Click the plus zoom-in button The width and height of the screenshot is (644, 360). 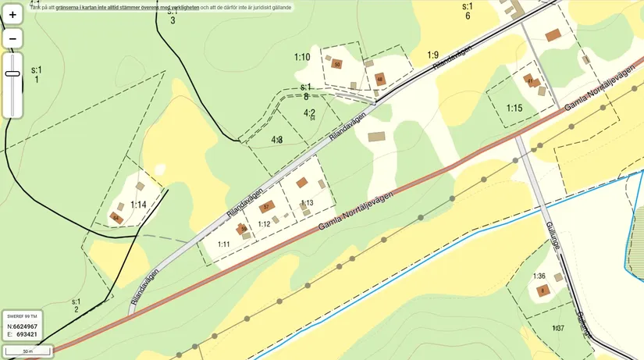point(12,15)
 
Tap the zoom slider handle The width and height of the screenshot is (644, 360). point(12,73)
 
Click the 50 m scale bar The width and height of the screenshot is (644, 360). point(27,352)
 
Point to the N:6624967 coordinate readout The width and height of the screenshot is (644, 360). point(22,326)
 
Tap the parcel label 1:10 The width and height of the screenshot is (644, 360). point(302,57)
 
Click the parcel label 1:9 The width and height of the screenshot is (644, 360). point(433,55)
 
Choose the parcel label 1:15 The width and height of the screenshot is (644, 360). point(514,108)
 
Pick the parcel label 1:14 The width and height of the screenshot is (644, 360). point(139,205)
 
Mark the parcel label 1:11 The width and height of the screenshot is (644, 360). point(223,244)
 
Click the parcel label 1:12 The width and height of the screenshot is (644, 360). point(264,224)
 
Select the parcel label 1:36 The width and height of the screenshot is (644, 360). point(539,276)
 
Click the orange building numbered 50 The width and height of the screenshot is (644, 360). point(337,65)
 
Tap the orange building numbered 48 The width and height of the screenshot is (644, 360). point(380,79)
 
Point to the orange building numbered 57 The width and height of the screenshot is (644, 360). point(267,207)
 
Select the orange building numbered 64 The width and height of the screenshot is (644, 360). point(117,218)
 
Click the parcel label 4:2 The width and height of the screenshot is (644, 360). point(309,112)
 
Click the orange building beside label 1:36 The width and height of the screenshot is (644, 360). point(543,291)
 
